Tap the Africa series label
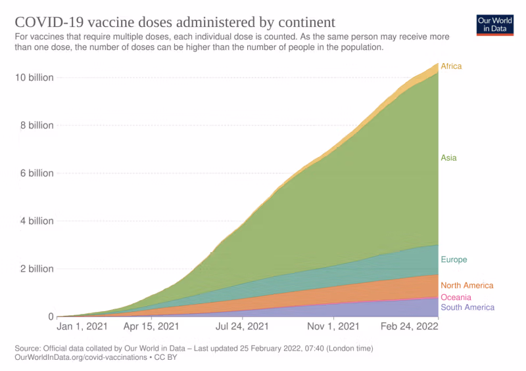pyautogui.click(x=451, y=66)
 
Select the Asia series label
pyautogui.click(x=448, y=158)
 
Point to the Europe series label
pyautogui.click(x=454, y=259)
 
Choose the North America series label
pyautogui.click(x=467, y=286)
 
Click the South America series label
pyautogui.click(x=467, y=307)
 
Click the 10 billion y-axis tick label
pyautogui.click(x=34, y=77)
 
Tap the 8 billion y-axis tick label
pyautogui.click(x=36, y=125)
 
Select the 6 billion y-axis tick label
pyautogui.click(x=36, y=173)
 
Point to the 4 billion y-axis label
pyautogui.click(x=36, y=221)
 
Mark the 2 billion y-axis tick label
pyautogui.click(x=36, y=269)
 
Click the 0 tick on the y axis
pyautogui.click(x=50, y=316)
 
